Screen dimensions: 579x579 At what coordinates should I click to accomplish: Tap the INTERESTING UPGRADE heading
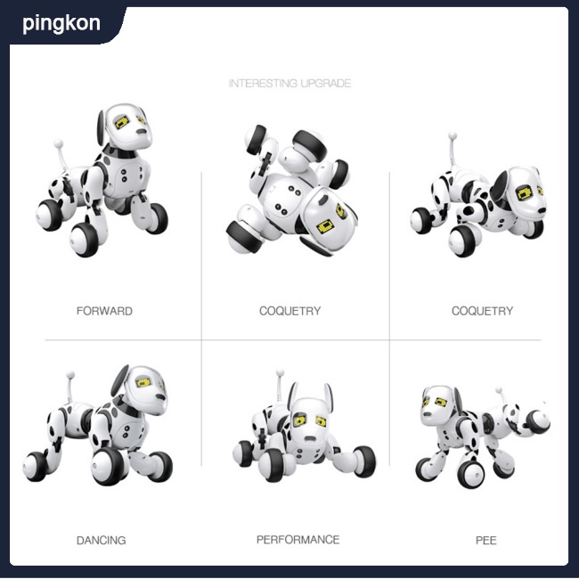tap(289, 84)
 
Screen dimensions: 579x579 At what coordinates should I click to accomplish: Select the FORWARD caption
tap(104, 311)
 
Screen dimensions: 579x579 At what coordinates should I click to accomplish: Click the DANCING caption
tap(101, 540)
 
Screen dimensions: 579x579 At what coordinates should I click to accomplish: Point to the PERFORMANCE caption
tap(298, 540)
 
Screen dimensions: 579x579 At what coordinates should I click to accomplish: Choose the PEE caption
tap(485, 540)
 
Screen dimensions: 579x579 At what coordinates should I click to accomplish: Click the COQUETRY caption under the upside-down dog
tap(289, 311)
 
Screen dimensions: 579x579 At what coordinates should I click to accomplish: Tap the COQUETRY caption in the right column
tap(482, 311)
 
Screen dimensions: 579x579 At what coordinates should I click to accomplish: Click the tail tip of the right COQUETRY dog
tap(452, 136)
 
